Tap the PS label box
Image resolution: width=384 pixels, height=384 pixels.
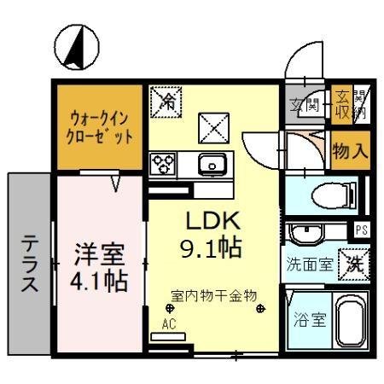click(x=361, y=229)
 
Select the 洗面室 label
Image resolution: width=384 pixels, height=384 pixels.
click(x=310, y=265)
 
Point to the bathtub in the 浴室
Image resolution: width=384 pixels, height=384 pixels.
click(x=347, y=323)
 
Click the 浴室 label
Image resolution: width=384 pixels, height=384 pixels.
click(x=309, y=323)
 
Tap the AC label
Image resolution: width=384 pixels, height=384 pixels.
click(x=169, y=323)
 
